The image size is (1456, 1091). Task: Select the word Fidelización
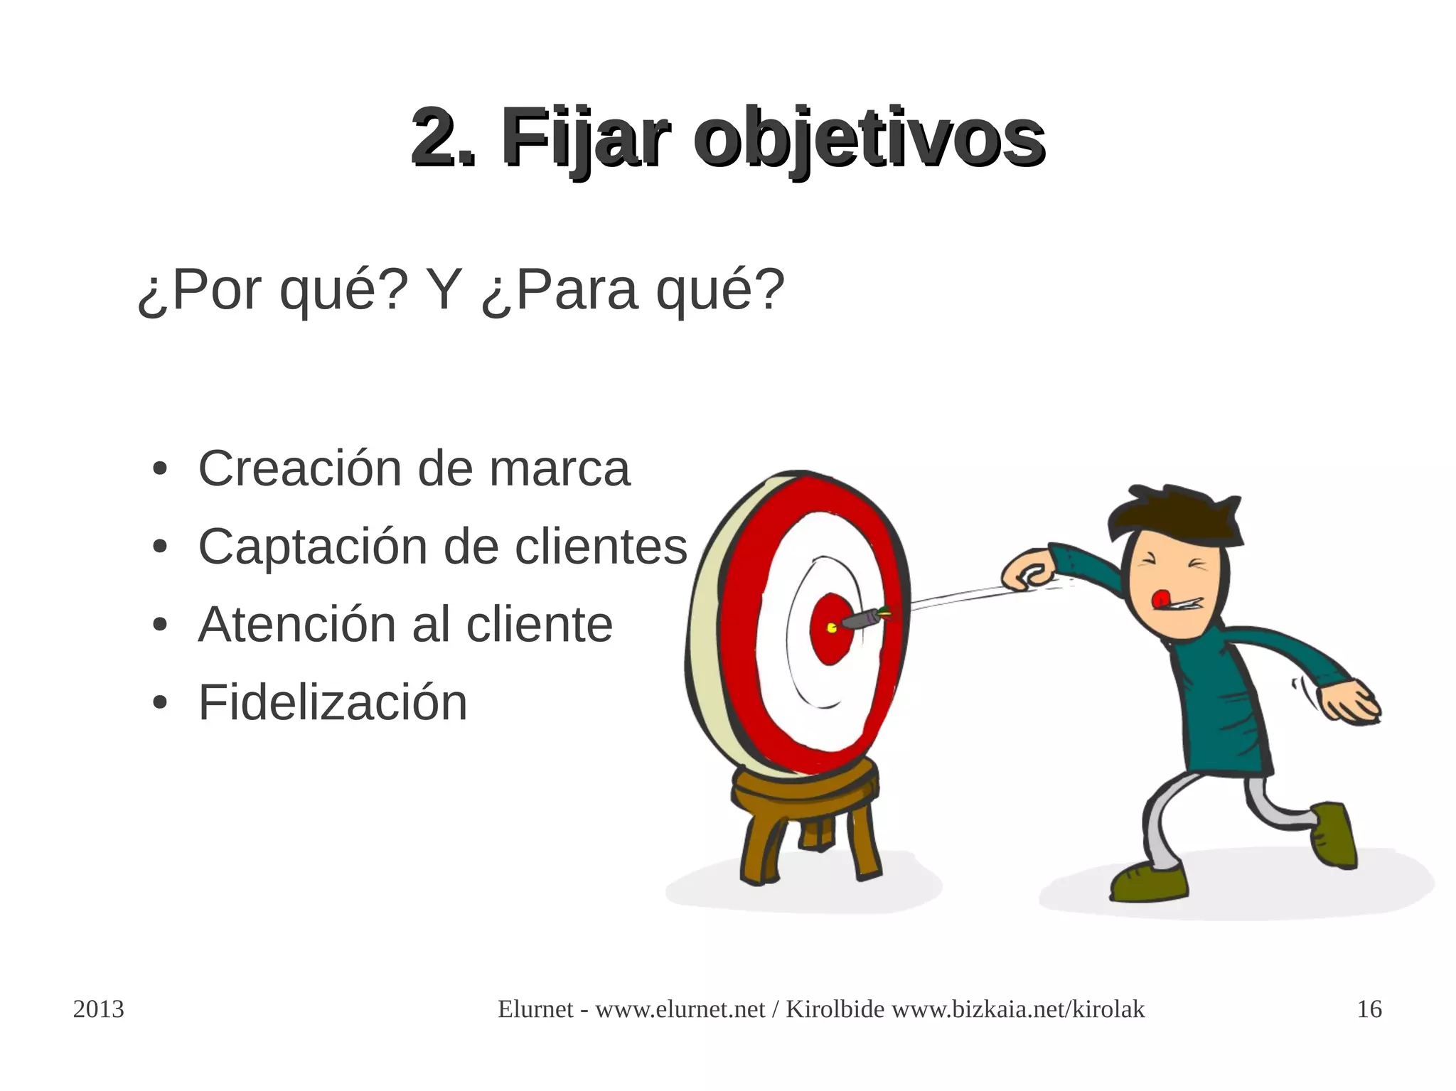(x=333, y=703)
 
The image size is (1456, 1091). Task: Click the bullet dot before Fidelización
(x=160, y=704)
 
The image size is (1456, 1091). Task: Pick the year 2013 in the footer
(x=99, y=1009)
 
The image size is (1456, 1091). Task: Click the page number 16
(x=1369, y=1009)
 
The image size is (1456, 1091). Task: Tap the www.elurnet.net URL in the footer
(x=680, y=1009)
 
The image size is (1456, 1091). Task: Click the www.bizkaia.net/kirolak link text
(x=1018, y=1009)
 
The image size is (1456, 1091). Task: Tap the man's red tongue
(x=1160, y=598)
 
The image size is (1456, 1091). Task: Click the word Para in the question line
(x=576, y=291)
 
